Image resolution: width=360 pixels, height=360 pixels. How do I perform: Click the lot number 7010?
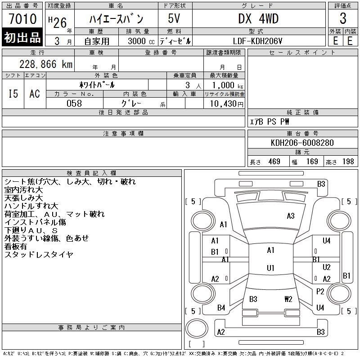point(22,19)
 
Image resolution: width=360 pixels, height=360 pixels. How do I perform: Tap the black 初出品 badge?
point(22,38)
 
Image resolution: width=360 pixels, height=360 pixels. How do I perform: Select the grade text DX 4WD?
point(258,19)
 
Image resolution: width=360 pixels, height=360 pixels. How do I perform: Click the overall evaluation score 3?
point(343,19)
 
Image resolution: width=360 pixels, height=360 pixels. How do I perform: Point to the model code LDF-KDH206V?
point(258,41)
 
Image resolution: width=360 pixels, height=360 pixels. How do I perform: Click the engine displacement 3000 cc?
point(138,41)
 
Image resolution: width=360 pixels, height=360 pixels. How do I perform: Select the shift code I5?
point(13,94)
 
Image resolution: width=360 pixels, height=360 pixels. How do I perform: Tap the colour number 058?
point(74,103)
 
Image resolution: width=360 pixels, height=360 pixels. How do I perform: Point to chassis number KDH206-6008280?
point(302,143)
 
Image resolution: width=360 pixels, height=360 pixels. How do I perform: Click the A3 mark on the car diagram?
point(291,216)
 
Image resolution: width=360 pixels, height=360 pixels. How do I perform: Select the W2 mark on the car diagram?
point(288,299)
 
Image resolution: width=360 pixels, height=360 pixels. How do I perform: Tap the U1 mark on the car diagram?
point(270,268)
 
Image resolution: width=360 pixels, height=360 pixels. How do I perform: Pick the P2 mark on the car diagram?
point(320,292)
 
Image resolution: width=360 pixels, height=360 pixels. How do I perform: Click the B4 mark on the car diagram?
point(221,308)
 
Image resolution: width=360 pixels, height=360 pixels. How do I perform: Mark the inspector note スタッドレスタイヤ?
point(39,255)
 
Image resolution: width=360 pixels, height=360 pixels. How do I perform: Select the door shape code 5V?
point(175,19)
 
